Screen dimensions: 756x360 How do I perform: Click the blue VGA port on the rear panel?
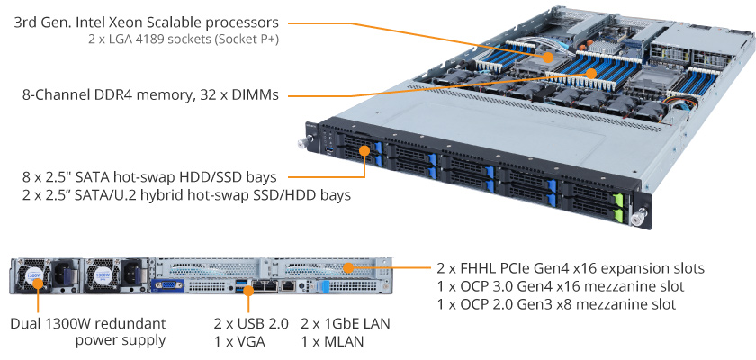(164, 285)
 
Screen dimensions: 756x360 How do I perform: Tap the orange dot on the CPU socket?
(548, 58)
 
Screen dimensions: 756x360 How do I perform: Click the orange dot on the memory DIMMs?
(591, 73)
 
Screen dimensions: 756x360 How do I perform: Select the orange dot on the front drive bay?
(364, 150)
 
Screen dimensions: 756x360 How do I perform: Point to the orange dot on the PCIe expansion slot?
(348, 267)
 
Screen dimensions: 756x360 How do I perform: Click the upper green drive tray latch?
(617, 199)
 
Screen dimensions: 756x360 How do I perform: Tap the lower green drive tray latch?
(618, 215)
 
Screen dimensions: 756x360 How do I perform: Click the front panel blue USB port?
(329, 152)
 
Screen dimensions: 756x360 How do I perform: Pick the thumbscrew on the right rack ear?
(639, 216)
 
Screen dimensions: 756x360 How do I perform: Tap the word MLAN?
(343, 342)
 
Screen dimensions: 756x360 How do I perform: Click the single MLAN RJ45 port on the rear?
(288, 286)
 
